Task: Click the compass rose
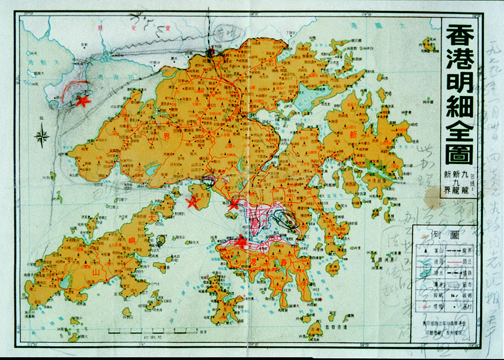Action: coord(42,136)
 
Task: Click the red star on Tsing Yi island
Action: coord(192,203)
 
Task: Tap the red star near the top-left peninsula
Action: coord(84,101)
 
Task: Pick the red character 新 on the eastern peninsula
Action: coord(353,135)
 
